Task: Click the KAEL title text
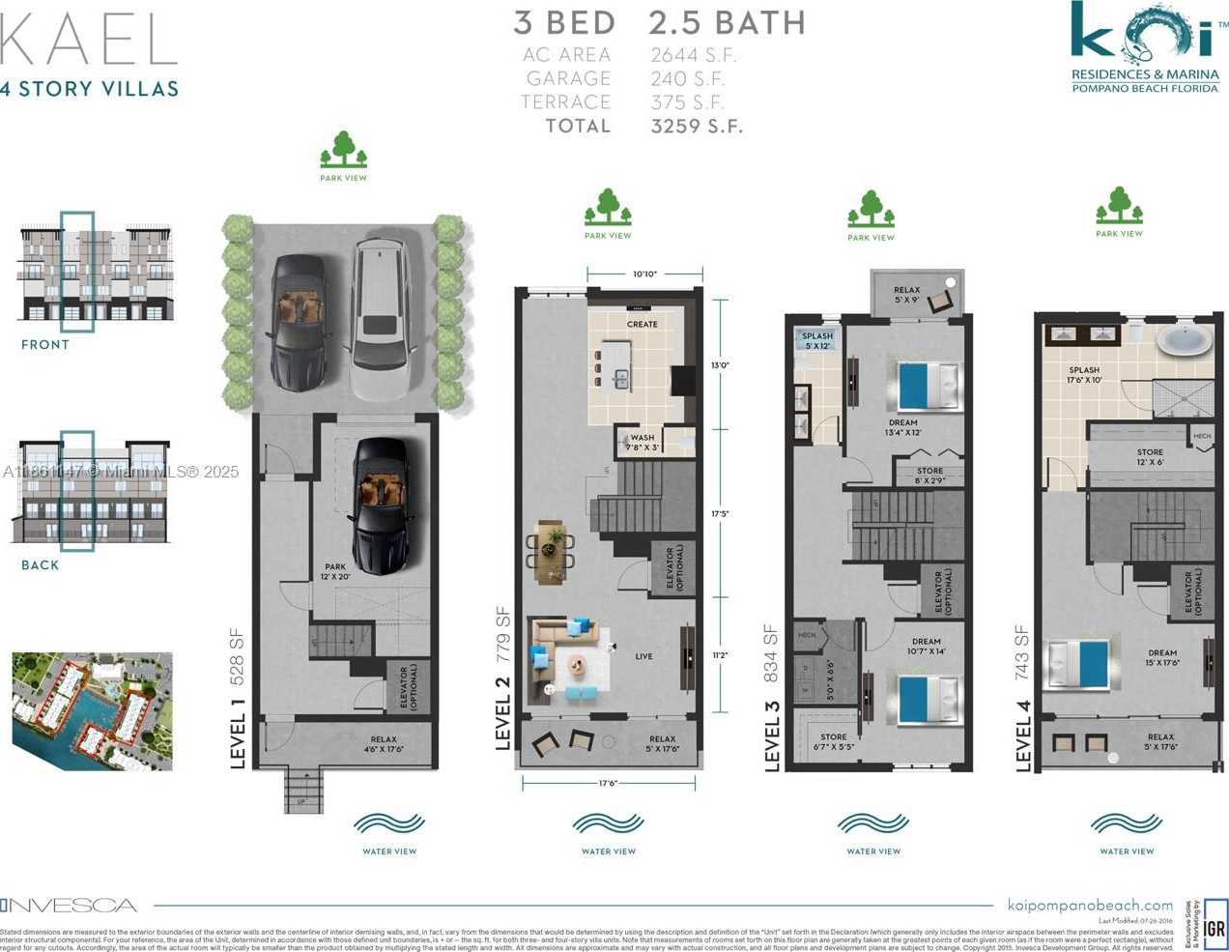click(x=89, y=41)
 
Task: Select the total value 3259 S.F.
click(x=696, y=126)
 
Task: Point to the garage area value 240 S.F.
click(x=687, y=78)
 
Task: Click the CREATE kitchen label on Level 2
click(x=642, y=324)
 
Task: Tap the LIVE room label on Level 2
click(x=643, y=656)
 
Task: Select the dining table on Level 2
click(x=550, y=551)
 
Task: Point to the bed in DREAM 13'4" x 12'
click(x=929, y=385)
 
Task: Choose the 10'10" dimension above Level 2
click(x=644, y=274)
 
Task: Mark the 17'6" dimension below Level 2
click(x=607, y=783)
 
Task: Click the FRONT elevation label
click(x=45, y=344)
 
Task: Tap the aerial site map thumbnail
click(x=92, y=710)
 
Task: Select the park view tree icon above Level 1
click(x=343, y=151)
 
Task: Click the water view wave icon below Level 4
click(x=1126, y=824)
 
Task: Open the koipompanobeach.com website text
click(x=1090, y=906)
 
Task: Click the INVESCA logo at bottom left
click(x=69, y=906)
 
